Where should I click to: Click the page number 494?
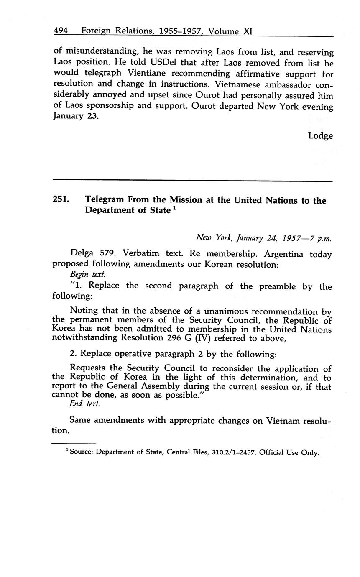(61, 31)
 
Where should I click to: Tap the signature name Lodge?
(320, 136)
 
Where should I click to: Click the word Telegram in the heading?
(105, 200)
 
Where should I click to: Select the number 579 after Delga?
(107, 254)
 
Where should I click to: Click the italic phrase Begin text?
(87, 275)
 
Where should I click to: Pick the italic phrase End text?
(84, 404)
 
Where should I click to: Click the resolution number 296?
(166, 339)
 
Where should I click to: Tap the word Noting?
(84, 311)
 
